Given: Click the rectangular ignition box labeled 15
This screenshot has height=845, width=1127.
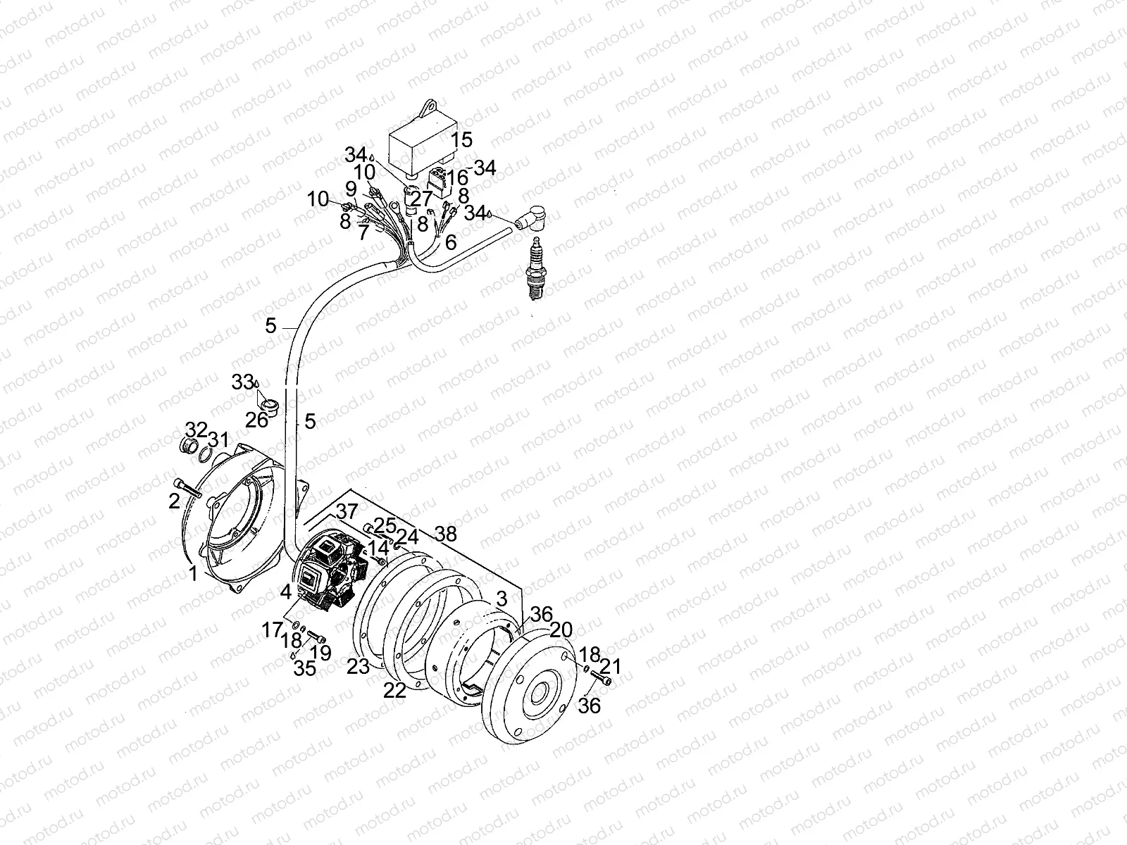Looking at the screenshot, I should (x=423, y=141).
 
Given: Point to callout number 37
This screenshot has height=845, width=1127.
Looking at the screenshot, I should (x=346, y=512).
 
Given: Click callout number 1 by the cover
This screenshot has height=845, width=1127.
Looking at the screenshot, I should (x=193, y=575).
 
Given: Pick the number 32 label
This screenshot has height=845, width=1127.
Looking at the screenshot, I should (x=197, y=430).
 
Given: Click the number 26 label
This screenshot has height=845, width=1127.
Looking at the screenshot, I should (x=257, y=420).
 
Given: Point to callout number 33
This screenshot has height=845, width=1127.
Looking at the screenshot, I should (x=242, y=382).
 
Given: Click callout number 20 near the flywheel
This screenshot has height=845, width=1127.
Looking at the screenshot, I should (x=561, y=630).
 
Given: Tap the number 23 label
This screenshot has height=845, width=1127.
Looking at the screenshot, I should (x=358, y=665).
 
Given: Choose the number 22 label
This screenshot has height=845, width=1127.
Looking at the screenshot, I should (x=394, y=691).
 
